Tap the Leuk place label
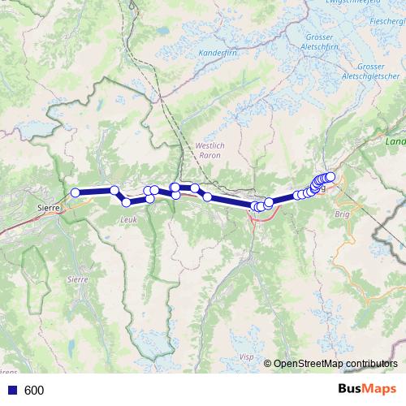click(128, 220)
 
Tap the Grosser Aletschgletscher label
click(369, 71)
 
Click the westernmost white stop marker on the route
click(76, 192)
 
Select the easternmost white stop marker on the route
click(330, 176)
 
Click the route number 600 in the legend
click(34, 391)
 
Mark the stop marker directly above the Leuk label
click(127, 202)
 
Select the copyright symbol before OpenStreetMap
click(268, 364)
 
